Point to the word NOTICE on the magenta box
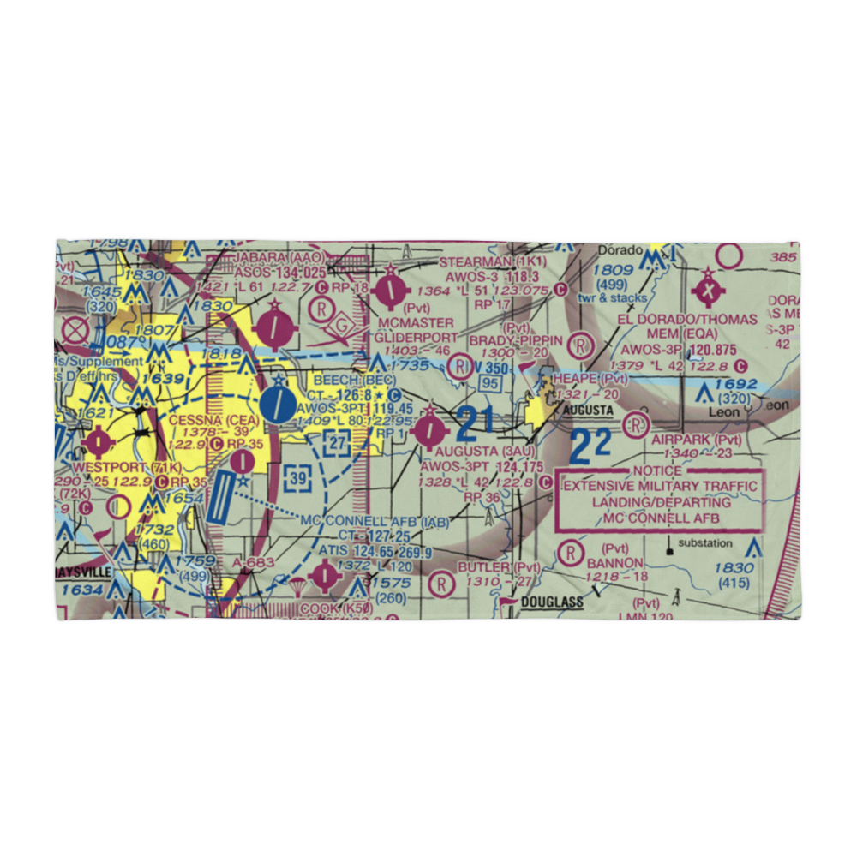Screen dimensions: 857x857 pos(658,470)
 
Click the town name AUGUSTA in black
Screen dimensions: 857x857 pos(589,411)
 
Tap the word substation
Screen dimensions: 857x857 pos(704,543)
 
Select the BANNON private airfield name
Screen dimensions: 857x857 pos(614,562)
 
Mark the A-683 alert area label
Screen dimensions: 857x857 pos(254,561)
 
